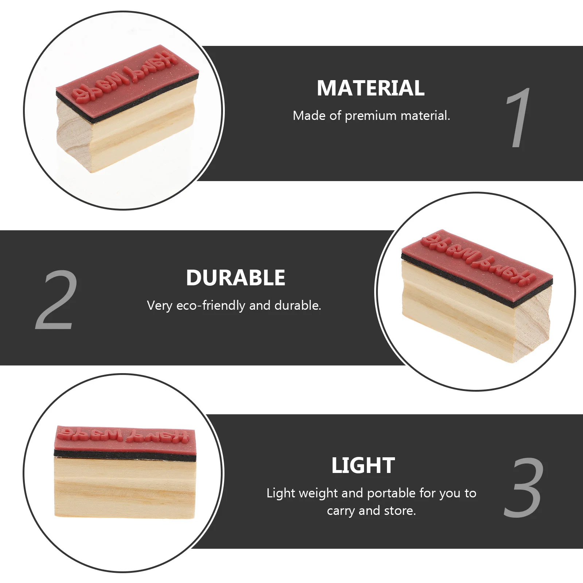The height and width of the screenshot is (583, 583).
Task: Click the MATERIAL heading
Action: pyautogui.click(x=371, y=88)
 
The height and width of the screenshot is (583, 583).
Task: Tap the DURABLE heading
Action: pyautogui.click(x=235, y=278)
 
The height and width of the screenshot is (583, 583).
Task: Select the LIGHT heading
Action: pyautogui.click(x=363, y=466)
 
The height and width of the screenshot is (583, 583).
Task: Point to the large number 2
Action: pyautogui.click(x=56, y=300)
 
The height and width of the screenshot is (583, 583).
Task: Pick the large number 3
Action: pyautogui.click(x=524, y=487)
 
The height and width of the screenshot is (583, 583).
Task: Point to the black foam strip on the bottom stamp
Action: pyautogui.click(x=125, y=454)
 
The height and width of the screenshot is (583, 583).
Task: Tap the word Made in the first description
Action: pyautogui.click(x=309, y=116)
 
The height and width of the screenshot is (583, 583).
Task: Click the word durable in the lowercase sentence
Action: pyautogui.click(x=297, y=305)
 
